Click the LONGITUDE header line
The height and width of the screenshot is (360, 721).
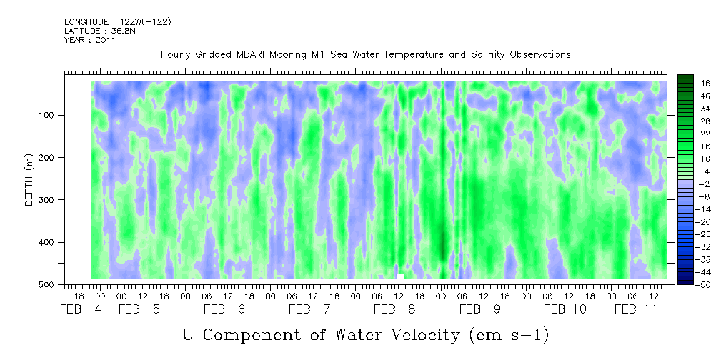(117, 21)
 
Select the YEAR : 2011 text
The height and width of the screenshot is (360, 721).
(89, 40)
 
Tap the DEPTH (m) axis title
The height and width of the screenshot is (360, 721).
(29, 179)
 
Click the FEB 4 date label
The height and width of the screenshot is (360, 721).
(81, 309)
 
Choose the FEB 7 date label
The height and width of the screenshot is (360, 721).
(309, 309)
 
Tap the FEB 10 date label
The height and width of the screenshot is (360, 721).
(565, 309)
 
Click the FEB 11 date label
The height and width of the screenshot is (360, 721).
(637, 309)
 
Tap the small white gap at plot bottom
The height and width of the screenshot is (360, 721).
(400, 276)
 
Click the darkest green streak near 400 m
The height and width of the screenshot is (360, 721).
(443, 241)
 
